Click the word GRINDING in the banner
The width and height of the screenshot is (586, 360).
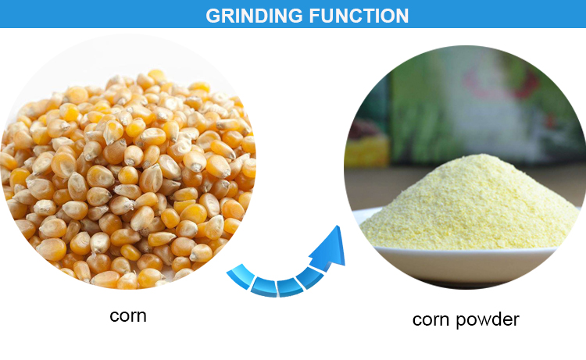pos(254,16)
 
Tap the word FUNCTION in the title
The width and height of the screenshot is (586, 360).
pos(359,16)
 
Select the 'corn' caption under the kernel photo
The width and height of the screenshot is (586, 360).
pos(128,316)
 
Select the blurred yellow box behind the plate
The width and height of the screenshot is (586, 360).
pos(366,151)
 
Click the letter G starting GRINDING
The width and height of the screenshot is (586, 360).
pos(213,16)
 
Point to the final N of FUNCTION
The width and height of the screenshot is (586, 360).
pos(402,16)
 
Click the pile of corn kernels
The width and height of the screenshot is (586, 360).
pos(128,180)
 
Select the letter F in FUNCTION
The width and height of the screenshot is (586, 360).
pos(315,16)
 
